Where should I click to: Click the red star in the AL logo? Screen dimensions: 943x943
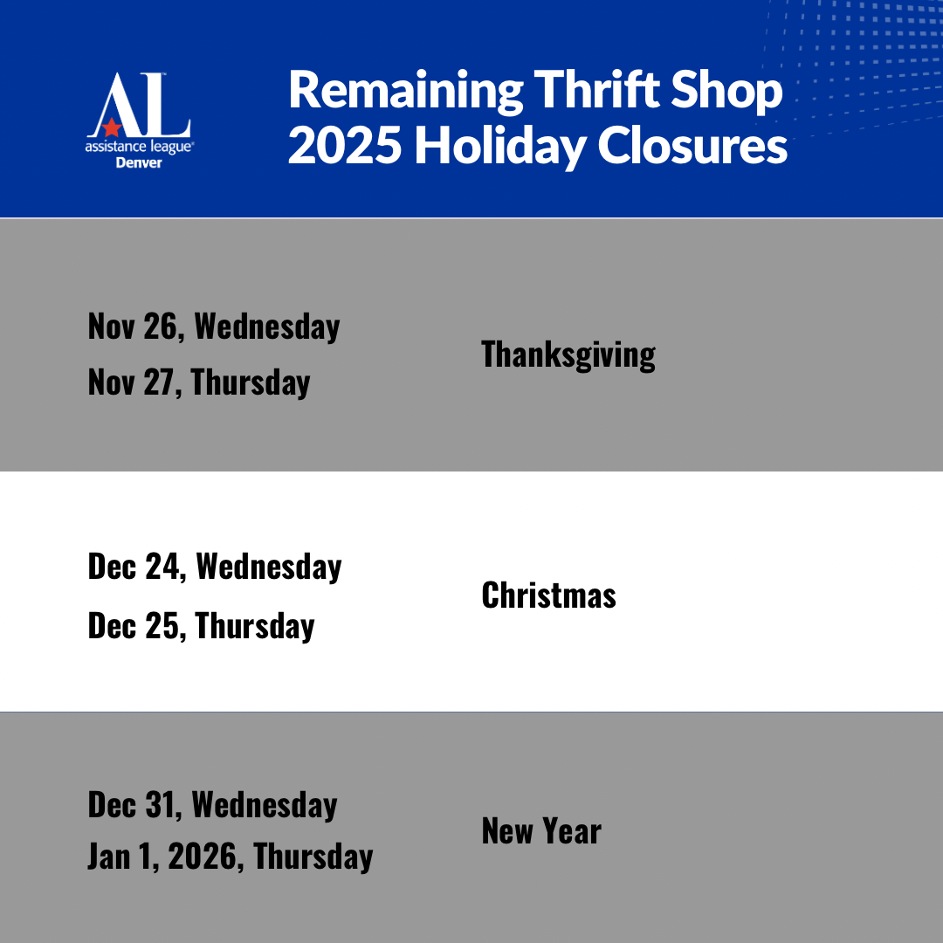[x=112, y=127]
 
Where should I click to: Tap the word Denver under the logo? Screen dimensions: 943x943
[x=139, y=163]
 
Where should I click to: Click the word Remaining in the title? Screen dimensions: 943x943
[x=406, y=92]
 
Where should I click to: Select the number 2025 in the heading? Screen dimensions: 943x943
[x=345, y=146]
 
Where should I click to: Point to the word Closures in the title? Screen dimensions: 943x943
[x=692, y=146]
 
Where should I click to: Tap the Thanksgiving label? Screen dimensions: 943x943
[x=568, y=354]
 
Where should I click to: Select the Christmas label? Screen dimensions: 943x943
[x=548, y=595]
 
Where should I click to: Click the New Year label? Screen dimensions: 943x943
[x=541, y=831]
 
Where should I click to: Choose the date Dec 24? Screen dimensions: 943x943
[x=137, y=567]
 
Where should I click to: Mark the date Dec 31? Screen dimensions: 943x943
[x=134, y=805]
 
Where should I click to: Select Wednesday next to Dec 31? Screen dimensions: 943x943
[x=265, y=805]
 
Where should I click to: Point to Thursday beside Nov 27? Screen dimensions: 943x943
[x=251, y=383]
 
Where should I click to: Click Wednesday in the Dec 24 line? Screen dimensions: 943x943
[x=269, y=568]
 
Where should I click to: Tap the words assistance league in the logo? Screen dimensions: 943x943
[x=139, y=148]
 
